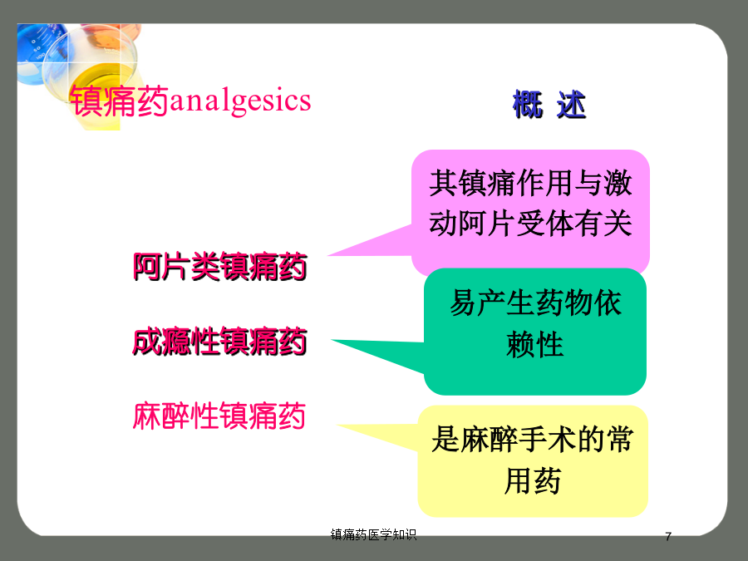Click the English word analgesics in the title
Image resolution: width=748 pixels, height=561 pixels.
point(240,101)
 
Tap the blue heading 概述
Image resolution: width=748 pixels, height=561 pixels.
point(549,105)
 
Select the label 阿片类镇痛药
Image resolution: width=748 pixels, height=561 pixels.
point(220,266)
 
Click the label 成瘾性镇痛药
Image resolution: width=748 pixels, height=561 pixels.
point(220,342)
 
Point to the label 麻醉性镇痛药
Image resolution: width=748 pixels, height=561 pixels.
point(219,416)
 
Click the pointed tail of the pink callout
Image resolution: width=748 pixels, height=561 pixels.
point(328,256)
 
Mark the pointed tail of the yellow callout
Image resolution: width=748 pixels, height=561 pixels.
point(337,425)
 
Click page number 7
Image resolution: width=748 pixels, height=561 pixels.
point(668,537)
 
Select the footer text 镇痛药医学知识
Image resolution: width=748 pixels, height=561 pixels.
point(373,534)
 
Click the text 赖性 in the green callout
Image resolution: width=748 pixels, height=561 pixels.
point(534,344)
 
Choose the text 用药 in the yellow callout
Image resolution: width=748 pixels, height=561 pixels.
point(533,481)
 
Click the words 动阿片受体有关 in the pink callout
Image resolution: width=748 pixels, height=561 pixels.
point(530,224)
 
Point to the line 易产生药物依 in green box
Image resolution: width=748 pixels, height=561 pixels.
point(535,303)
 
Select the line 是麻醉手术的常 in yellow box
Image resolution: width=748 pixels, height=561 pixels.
point(533,439)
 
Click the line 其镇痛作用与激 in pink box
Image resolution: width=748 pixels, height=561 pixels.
point(530,183)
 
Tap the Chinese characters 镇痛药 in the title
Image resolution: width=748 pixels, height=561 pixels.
point(119,101)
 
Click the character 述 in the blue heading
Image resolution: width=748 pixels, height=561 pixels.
point(571,105)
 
